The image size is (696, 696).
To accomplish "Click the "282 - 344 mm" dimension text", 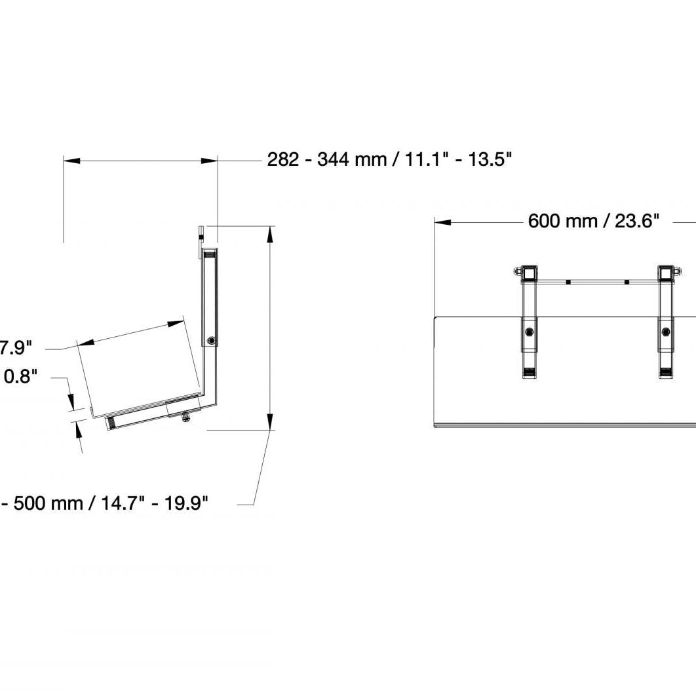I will click(x=327, y=159).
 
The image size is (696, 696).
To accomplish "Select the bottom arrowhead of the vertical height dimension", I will click(x=270, y=422).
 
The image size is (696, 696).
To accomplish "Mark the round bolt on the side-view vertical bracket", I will click(x=211, y=341).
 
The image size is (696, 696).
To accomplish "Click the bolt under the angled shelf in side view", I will click(x=187, y=416).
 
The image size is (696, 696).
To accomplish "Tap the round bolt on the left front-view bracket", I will click(x=529, y=332).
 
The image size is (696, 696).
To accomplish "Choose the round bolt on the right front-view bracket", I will click(x=666, y=332).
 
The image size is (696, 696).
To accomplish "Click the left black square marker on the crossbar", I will click(x=568, y=282).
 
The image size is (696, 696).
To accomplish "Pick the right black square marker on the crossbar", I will click(x=627, y=282).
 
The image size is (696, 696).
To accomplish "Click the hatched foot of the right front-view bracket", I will click(x=666, y=374).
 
